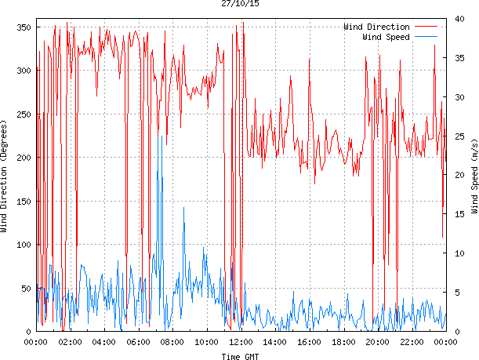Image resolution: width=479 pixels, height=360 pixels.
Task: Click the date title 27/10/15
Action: pos(239,4)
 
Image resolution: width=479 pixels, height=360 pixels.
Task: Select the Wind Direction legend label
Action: pos(376,27)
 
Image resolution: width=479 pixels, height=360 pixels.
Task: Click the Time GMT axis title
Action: pos(239,356)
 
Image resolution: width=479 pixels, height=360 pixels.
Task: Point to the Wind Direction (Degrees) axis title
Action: pos(5,177)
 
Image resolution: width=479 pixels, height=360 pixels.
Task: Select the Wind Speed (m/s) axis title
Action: pos(474,177)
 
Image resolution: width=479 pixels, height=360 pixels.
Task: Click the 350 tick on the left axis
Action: pos(23,27)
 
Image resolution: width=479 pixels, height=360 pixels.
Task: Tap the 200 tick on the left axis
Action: pos(23,158)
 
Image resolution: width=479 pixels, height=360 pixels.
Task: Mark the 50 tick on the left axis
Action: pos(25,289)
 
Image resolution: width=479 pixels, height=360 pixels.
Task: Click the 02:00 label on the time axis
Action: pos(70,342)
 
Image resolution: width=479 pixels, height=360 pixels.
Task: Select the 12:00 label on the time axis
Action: pos(241,342)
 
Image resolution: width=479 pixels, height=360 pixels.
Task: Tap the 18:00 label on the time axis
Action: pos(343,342)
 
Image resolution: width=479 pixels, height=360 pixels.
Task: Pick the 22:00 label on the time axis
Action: pos(412,342)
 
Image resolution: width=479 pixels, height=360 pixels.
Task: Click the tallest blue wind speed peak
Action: pos(162,136)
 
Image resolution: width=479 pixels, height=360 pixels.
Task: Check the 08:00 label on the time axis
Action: pos(172,342)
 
